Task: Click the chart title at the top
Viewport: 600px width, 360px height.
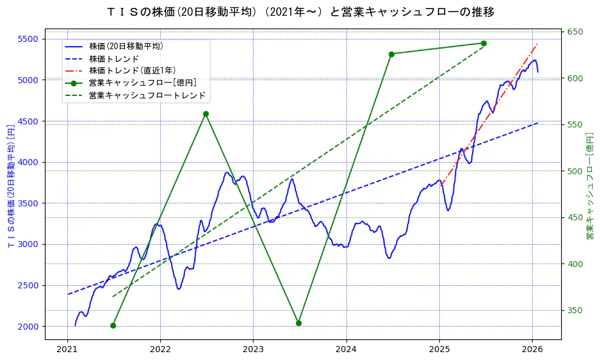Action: [300, 12]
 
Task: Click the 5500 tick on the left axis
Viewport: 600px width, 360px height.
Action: [28, 39]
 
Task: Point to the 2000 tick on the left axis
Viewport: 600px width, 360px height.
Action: [28, 327]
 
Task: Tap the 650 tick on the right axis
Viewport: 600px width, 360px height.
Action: [575, 32]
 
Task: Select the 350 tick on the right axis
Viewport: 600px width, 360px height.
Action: [575, 310]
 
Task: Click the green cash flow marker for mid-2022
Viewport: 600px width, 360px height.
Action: [206, 114]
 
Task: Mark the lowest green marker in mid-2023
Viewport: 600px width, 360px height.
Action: [298, 323]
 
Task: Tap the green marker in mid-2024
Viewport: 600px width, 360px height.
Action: [391, 54]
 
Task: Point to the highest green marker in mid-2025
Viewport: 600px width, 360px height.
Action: [484, 43]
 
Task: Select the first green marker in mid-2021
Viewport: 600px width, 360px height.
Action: [113, 325]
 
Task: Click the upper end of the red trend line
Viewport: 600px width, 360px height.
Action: [537, 44]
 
